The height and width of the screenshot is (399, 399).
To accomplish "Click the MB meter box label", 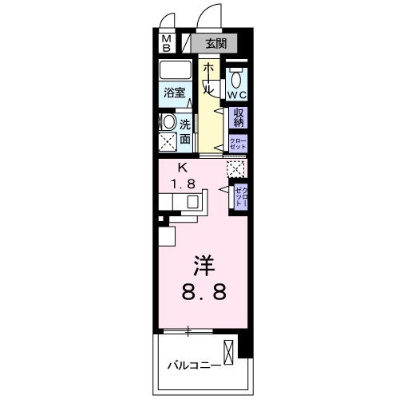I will click(167, 42).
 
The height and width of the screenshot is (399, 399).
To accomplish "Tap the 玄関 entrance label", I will click(215, 42).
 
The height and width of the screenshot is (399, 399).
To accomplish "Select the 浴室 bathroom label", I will click(175, 93).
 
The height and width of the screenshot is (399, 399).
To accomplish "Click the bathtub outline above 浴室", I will click(175, 70).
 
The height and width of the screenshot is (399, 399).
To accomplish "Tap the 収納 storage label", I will click(238, 118).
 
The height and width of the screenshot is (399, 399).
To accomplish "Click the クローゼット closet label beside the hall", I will click(238, 143).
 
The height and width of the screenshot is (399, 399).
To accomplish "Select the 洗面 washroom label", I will click(185, 132).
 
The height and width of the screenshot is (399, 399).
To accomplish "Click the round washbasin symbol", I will click(168, 123).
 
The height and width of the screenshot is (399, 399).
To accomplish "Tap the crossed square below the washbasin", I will click(168, 144).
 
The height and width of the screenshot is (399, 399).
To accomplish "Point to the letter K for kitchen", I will click(183, 168).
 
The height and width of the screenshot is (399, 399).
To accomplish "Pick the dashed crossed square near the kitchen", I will click(235, 168).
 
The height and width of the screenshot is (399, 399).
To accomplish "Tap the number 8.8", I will click(203, 291).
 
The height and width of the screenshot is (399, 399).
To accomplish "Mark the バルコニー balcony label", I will click(192, 366).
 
